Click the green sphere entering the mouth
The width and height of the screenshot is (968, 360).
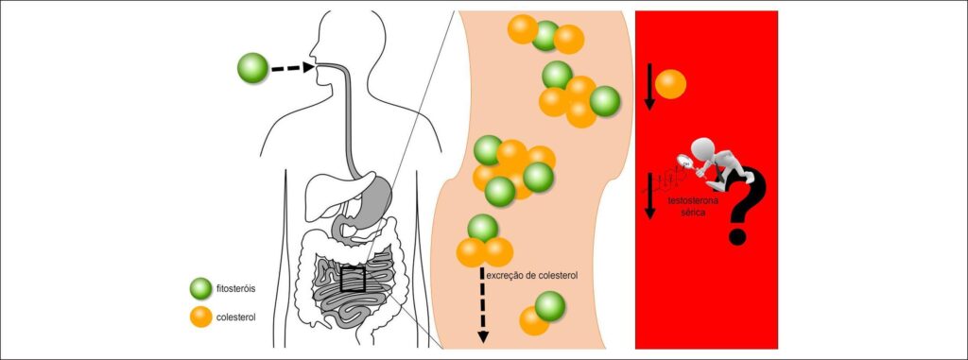252,67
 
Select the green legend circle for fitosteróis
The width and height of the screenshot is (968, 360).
200,288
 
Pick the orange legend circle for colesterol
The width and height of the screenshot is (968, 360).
200,317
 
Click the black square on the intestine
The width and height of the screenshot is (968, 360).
353,279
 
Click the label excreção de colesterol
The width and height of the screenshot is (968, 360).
532,275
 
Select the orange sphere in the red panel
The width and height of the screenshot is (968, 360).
670,84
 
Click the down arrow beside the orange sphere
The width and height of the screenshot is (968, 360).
648,86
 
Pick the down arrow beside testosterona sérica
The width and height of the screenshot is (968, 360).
648,196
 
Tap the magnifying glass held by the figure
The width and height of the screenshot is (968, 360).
685,162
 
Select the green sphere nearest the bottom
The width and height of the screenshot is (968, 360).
550,305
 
